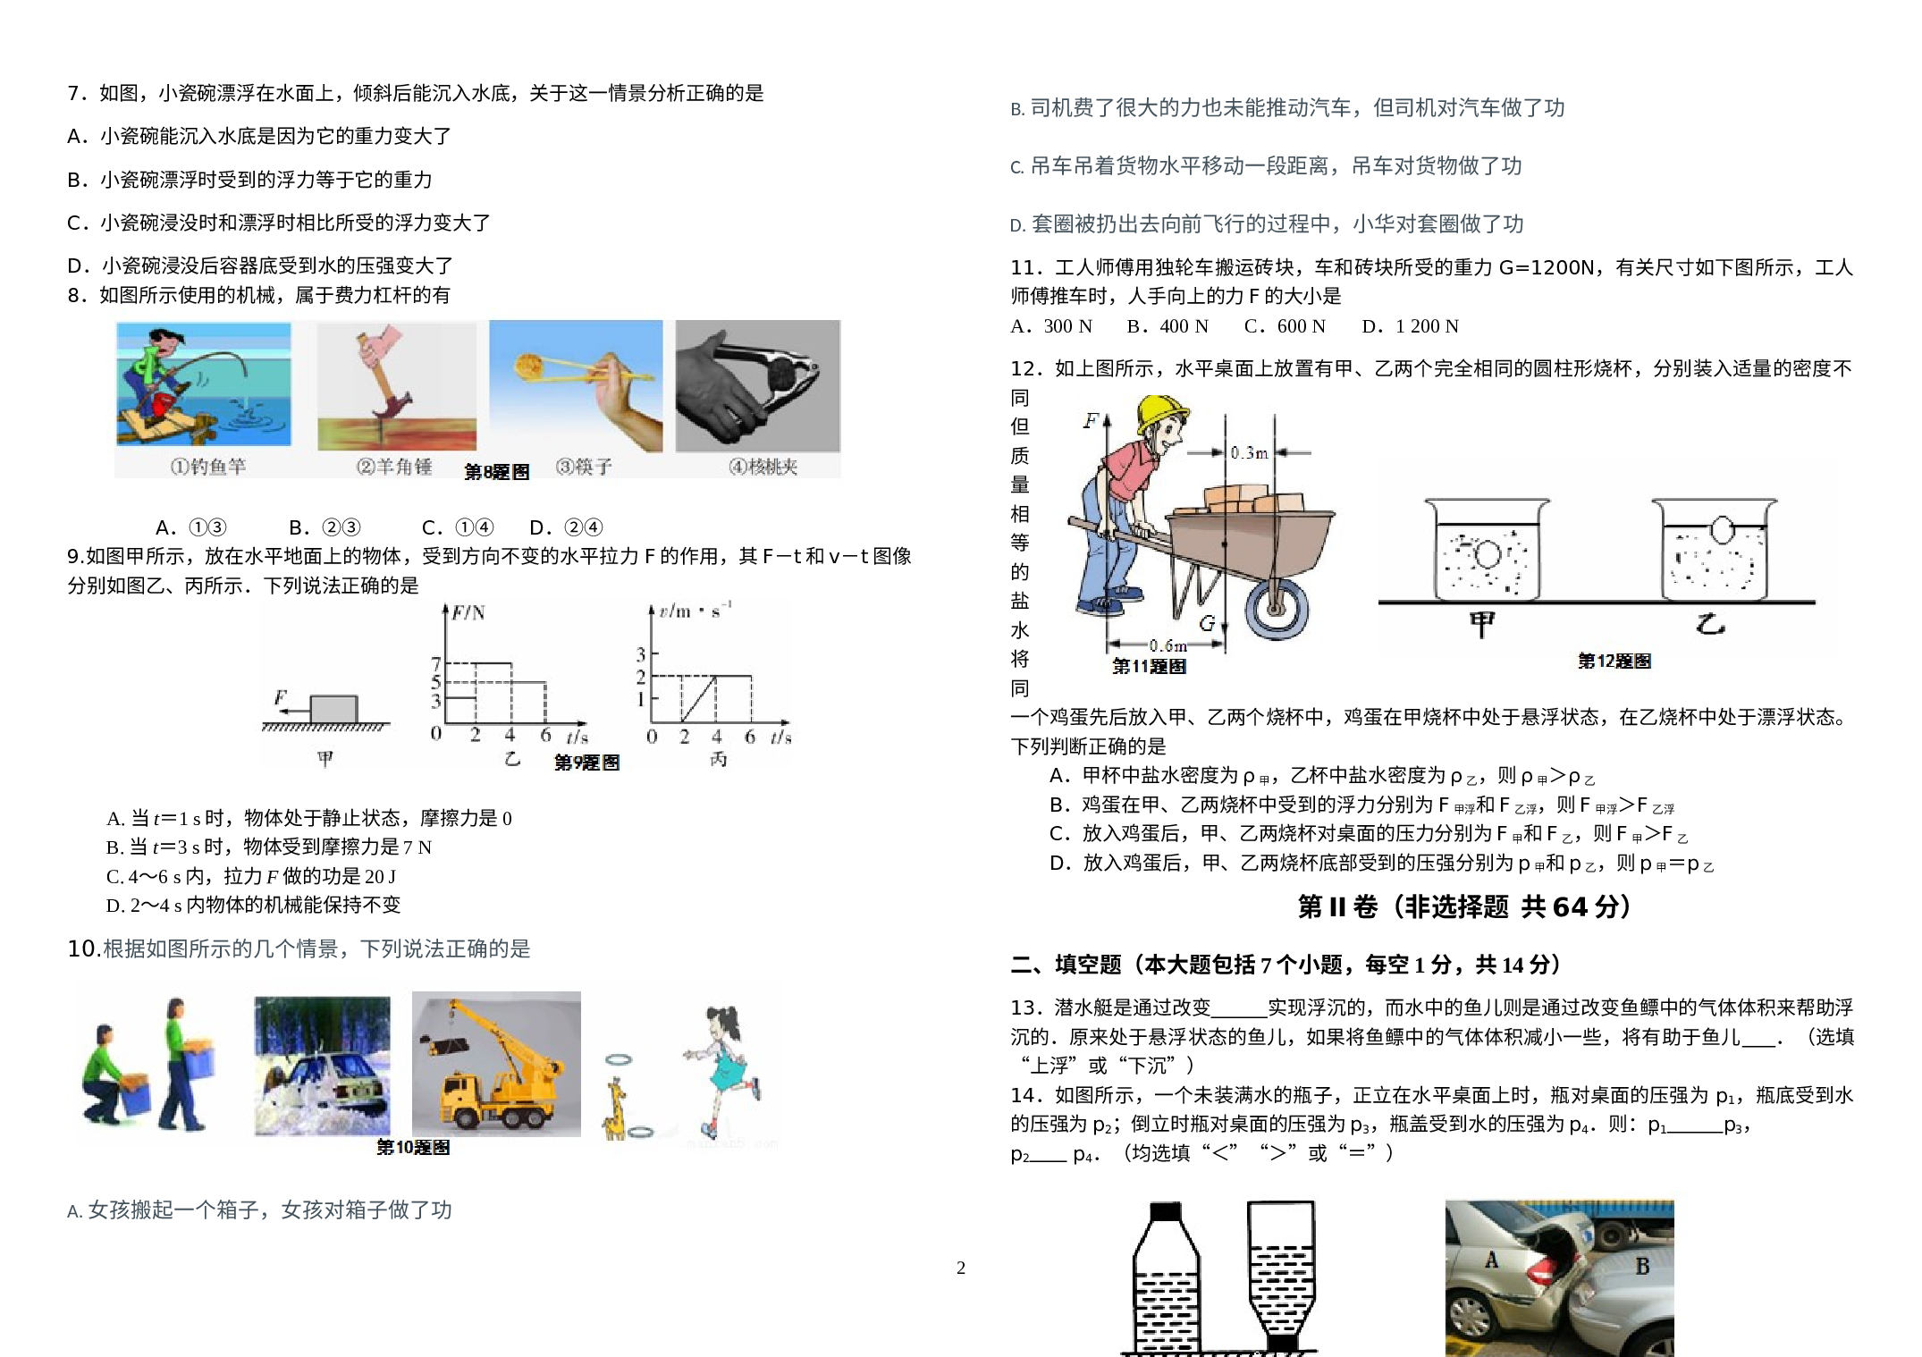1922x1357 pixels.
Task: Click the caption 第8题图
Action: (x=496, y=472)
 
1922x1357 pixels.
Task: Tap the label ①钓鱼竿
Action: (x=208, y=467)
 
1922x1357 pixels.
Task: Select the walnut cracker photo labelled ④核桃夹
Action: (x=757, y=386)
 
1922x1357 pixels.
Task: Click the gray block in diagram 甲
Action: (x=333, y=709)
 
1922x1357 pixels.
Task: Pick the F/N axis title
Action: (x=468, y=612)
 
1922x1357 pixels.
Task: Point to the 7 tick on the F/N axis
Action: (x=436, y=663)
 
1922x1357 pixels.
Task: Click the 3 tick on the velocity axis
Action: (x=640, y=654)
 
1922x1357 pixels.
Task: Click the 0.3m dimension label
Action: (x=1249, y=453)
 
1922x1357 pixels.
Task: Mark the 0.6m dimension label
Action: (x=1168, y=645)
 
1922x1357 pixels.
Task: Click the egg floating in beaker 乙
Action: (x=1722, y=530)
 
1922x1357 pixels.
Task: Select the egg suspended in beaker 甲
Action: (x=1487, y=554)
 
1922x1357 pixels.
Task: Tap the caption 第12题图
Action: (x=1614, y=662)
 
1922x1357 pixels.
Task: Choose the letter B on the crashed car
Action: (x=1642, y=1267)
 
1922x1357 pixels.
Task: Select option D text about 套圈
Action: (x=1267, y=224)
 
